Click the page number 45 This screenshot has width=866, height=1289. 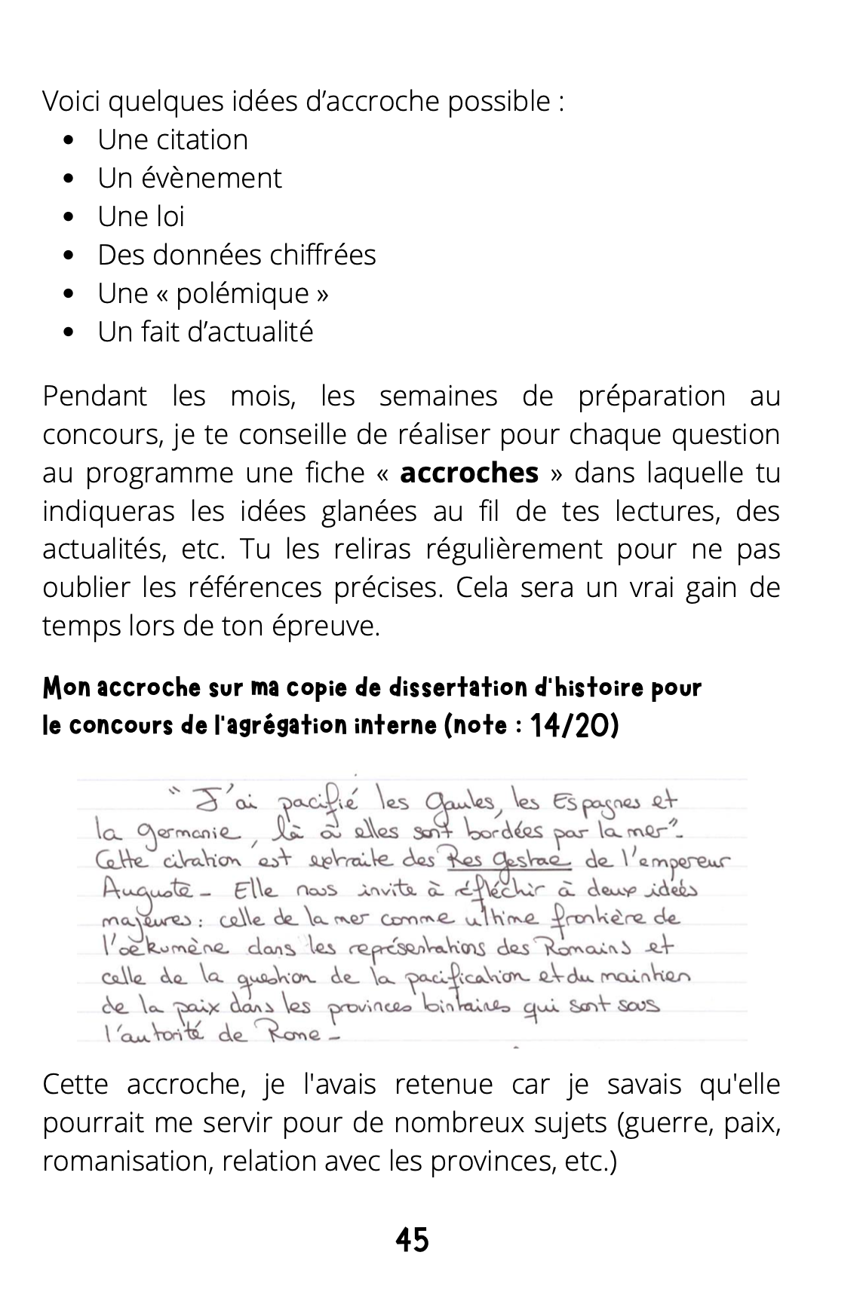[x=412, y=1239]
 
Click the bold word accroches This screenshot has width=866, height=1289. [x=469, y=473]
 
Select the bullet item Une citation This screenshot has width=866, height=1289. [x=172, y=139]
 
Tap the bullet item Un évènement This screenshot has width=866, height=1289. [x=189, y=178]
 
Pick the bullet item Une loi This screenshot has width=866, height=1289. [x=140, y=216]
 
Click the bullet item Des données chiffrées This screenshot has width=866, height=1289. [x=236, y=255]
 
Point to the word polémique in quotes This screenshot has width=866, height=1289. [x=242, y=293]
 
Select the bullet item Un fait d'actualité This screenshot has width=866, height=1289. [x=204, y=332]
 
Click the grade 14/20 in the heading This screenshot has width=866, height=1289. [x=574, y=726]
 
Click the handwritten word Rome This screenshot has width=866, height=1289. [x=290, y=1033]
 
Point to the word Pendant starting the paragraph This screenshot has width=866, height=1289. [x=94, y=396]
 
